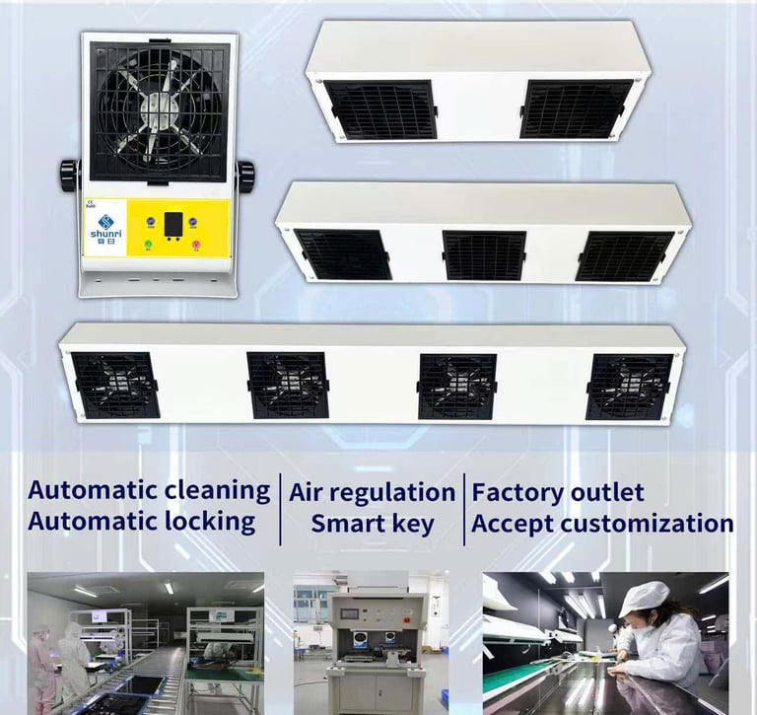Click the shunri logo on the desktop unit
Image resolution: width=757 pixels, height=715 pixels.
pyautogui.click(x=104, y=224)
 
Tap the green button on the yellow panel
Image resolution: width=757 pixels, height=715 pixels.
pyautogui.click(x=148, y=245)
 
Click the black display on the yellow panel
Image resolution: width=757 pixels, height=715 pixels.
pyautogui.click(x=173, y=225)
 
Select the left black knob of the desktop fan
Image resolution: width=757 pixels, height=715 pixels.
pyautogui.click(x=69, y=175)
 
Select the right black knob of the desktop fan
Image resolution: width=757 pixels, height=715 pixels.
pyautogui.click(x=245, y=177)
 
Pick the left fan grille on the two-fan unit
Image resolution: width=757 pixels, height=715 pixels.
pyautogui.click(x=380, y=108)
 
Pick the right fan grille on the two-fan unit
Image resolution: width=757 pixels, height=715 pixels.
pyautogui.click(x=577, y=108)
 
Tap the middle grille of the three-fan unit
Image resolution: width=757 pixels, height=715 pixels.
pyautogui.click(x=484, y=255)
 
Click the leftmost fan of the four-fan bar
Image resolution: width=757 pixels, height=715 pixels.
pyautogui.click(x=115, y=384)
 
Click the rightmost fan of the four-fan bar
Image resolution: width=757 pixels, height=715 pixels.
pyautogui.click(x=629, y=386)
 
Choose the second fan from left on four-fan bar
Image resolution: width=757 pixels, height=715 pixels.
pyautogui.click(x=288, y=385)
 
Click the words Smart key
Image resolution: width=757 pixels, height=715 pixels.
pyautogui.click(x=372, y=524)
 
